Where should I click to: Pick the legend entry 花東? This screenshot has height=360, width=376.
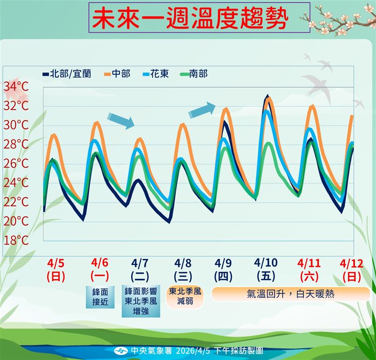pyautogui.click(x=159, y=74)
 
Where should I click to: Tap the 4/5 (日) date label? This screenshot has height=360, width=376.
pyautogui.click(x=56, y=270)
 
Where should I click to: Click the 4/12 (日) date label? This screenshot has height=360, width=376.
pyautogui.click(x=352, y=270)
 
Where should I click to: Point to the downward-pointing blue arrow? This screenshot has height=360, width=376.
pyautogui.click(x=121, y=120)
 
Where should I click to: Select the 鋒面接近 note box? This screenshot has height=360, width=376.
pyautogui.click(x=101, y=297)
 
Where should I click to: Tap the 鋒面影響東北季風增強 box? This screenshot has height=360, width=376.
pyautogui.click(x=141, y=300)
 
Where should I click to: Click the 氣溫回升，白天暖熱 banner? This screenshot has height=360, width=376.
pyautogui.click(x=290, y=294)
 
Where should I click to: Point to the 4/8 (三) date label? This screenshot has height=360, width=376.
pyautogui.click(x=183, y=270)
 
